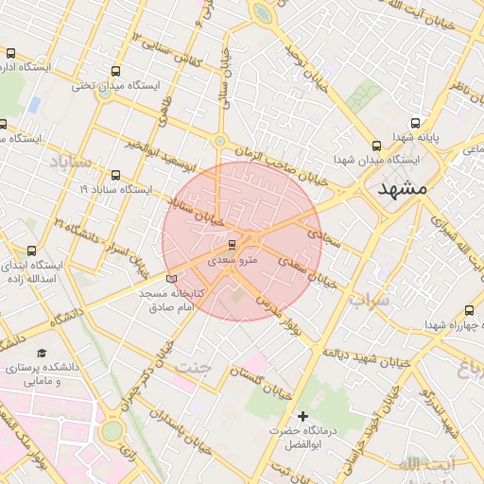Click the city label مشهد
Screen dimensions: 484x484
[402, 188]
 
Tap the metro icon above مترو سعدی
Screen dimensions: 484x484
[233, 244]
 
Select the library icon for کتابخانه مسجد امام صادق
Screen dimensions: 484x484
[171, 278]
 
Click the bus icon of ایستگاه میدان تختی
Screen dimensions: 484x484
[115, 71]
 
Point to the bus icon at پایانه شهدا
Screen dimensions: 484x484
[415, 124]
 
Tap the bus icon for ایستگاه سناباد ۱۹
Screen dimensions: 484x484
[115, 175]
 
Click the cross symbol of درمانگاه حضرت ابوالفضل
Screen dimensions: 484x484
[303, 416]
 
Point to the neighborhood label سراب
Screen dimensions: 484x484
[369, 300]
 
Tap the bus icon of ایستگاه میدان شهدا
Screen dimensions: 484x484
[377, 146]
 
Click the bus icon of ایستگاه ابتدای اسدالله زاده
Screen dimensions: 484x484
[32, 251]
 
